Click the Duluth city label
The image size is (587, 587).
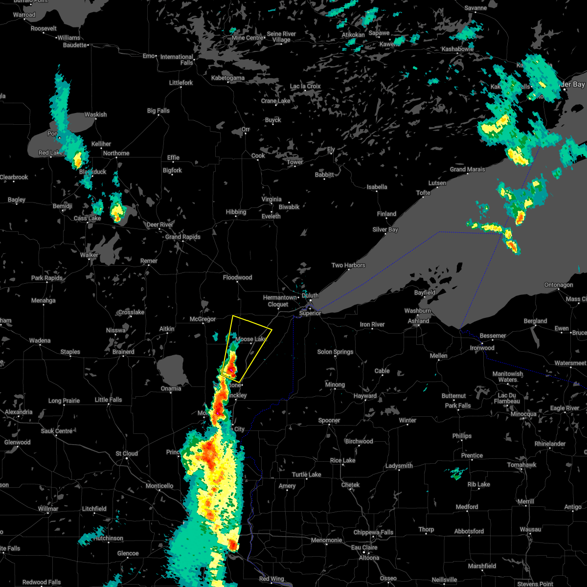pyautogui.click(x=310, y=295)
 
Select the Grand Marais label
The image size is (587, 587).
pyautogui.click(x=468, y=169)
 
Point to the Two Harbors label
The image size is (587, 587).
pyautogui.click(x=348, y=265)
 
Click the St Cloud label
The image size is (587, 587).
pyautogui.click(x=127, y=453)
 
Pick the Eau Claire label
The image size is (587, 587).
pyautogui.click(x=363, y=548)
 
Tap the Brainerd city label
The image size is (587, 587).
pyautogui.click(x=123, y=352)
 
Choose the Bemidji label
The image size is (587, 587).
pyautogui.click(x=63, y=206)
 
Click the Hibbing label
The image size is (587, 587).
pyautogui.click(x=236, y=212)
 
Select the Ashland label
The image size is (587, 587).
pyautogui.click(x=418, y=321)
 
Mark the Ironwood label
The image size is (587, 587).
pyautogui.click(x=482, y=348)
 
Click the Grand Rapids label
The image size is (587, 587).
pyautogui.click(x=183, y=237)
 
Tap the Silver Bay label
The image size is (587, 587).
pyautogui.click(x=385, y=229)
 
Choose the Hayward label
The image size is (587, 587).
pyautogui.click(x=365, y=396)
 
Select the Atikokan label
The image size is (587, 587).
pyautogui.click(x=353, y=35)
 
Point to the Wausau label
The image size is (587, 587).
pyautogui.click(x=530, y=529)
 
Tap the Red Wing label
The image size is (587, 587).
pyautogui.click(x=271, y=579)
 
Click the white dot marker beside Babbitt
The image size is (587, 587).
pyautogui.click(x=325, y=179)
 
